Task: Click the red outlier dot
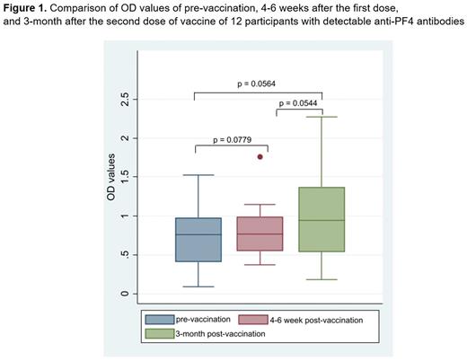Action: [260, 156]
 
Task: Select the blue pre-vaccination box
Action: [199, 240]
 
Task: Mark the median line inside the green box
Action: [321, 220]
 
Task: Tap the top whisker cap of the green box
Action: [321, 117]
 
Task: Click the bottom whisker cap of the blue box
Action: [199, 286]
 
